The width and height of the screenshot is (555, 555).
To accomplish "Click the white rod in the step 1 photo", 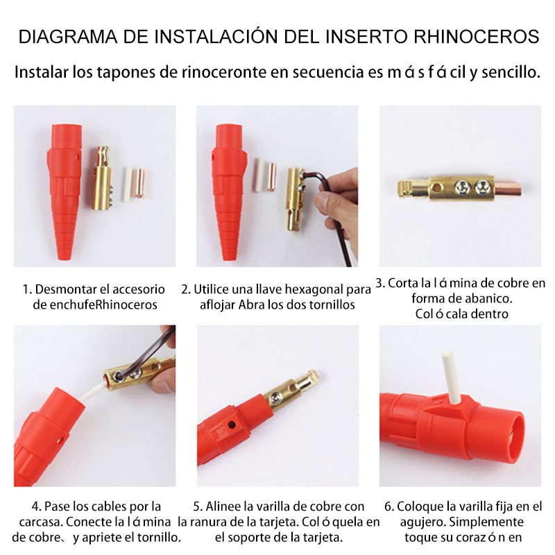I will pyautogui.click(x=126, y=183).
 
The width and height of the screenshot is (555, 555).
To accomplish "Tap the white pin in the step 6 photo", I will pyautogui.click(x=454, y=379).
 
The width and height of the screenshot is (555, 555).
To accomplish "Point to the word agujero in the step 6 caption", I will pyautogui.click(x=426, y=522).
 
